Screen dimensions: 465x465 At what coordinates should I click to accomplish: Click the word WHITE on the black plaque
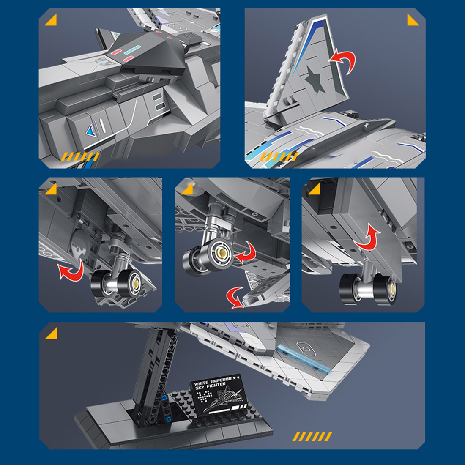[x=201, y=383]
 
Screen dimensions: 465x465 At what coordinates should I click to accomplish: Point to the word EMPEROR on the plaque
[x=221, y=380]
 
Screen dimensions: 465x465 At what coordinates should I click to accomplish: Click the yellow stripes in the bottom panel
[x=312, y=437]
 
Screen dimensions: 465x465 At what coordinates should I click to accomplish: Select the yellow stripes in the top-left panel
[x=80, y=157]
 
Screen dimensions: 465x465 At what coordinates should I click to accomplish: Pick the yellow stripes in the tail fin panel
[x=279, y=157]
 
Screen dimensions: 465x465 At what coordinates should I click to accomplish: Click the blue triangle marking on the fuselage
[x=91, y=131]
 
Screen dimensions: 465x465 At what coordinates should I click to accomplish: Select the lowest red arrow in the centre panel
[x=235, y=297]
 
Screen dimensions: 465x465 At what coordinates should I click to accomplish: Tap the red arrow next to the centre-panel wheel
[x=245, y=252]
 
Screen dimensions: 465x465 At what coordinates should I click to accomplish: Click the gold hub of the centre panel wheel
[x=222, y=253]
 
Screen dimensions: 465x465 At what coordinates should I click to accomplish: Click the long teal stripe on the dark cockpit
[x=132, y=50]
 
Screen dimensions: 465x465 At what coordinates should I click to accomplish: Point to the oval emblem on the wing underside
[x=306, y=348]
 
